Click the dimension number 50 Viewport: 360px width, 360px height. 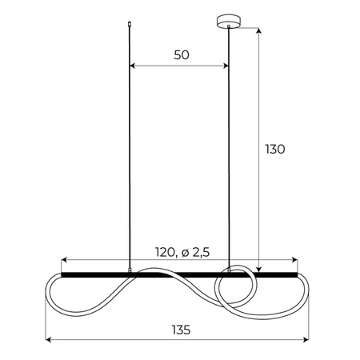pos(180,55)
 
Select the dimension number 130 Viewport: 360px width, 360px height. pos(274,149)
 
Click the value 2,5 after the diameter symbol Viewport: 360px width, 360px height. pos(201,253)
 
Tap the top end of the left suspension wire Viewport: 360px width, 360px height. pos(130,25)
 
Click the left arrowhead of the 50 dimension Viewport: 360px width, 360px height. pos(133,66)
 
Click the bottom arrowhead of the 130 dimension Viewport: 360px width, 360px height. pos(259,269)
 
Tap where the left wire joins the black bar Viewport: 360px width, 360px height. pos(130,272)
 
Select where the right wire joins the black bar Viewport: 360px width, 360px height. pos(229,272)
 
